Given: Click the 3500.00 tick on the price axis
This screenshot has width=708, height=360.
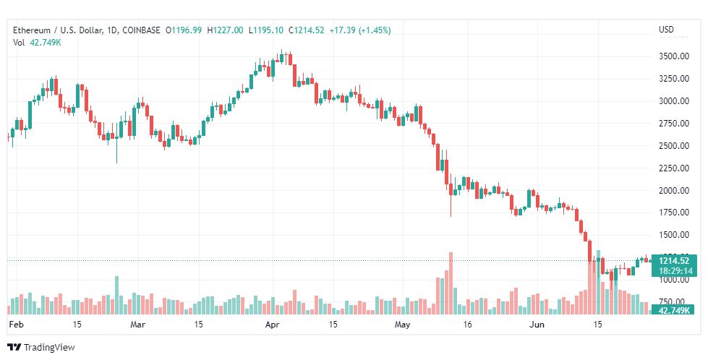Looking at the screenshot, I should coord(673,56).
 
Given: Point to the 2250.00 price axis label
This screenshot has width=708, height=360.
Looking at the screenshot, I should coord(673,168).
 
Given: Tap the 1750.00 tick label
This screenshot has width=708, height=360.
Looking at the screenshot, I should coord(673,213).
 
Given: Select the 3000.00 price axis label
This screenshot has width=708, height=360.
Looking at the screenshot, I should coord(673,101).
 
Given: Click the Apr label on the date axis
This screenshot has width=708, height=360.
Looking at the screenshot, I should coord(272,325).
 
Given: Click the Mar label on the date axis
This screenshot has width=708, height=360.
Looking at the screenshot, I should coord(137,325).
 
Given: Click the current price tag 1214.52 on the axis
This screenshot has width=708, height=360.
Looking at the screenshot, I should coord(674,260).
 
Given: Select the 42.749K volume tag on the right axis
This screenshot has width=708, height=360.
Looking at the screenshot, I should coord(673,310).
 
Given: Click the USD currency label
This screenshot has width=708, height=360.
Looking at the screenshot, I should coord(666,30).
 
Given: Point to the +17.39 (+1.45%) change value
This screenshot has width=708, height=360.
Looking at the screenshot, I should coord(360,30).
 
